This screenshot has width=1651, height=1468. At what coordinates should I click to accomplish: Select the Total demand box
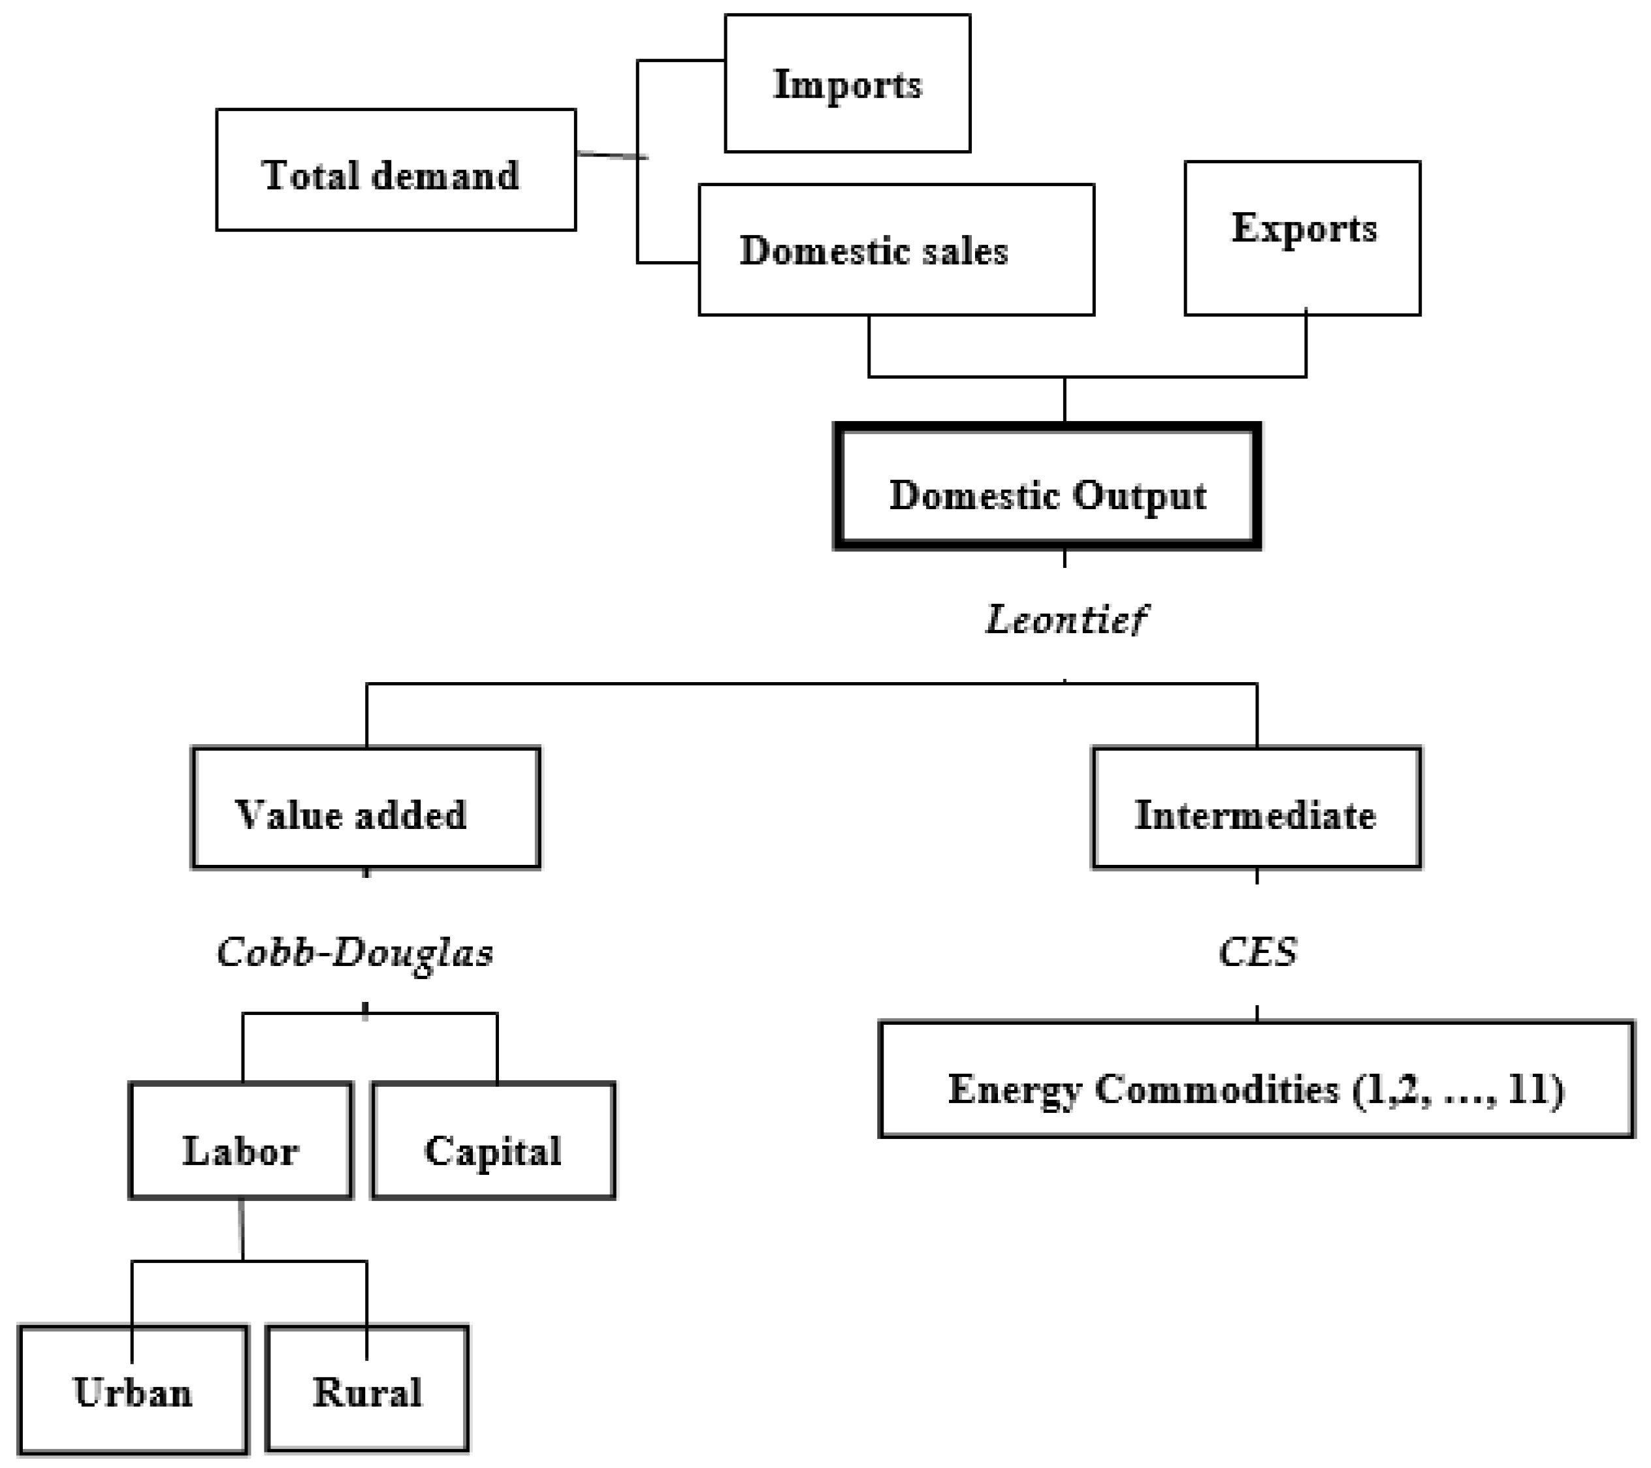point(396,171)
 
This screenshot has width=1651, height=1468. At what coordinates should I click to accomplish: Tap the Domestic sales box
point(896,250)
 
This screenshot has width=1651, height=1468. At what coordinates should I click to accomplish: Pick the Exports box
point(1302,238)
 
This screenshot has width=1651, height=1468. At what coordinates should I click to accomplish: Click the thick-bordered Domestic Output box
point(1048,488)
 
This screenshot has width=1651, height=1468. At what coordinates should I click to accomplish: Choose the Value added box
point(366,807)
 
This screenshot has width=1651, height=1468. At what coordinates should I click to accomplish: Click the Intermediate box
point(1256,807)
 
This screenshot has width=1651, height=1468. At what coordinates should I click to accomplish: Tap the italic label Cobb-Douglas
point(355,952)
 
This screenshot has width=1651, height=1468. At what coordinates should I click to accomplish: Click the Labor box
point(241,1141)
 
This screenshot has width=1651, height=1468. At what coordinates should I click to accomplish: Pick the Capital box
point(494,1141)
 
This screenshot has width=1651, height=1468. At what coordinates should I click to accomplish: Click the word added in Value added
point(410,815)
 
